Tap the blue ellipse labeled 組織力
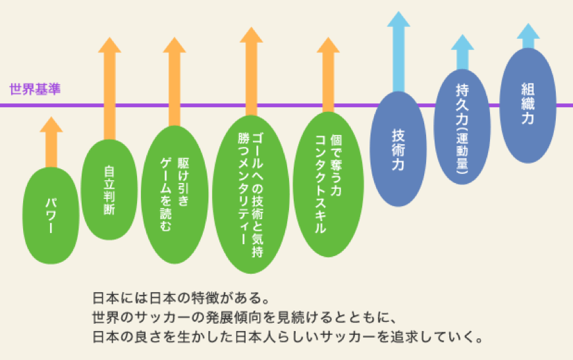point(528,105)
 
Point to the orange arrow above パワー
point(51,141)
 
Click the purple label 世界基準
point(35,88)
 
